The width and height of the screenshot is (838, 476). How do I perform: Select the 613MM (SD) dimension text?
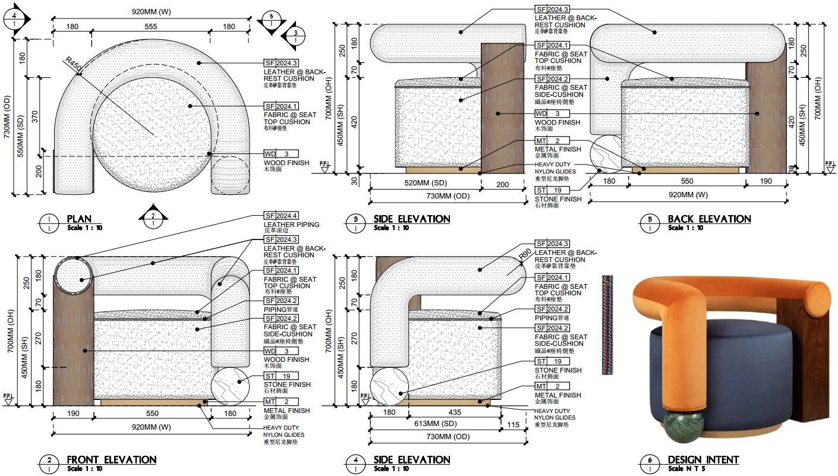coord(436,424)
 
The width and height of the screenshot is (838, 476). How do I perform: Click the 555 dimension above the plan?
coord(151,27)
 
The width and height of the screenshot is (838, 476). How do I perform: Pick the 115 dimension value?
coord(513,424)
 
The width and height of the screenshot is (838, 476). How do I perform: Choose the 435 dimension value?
coord(454,412)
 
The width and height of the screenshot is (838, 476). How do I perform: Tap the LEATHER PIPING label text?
coord(291,225)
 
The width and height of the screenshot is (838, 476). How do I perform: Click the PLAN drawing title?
coord(79,219)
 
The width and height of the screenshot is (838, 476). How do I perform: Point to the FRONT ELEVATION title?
coord(112,460)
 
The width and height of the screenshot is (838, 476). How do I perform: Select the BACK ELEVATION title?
coord(709,219)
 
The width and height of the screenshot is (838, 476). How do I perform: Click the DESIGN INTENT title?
coord(703,460)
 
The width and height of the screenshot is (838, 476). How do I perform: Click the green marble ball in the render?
coord(683,425)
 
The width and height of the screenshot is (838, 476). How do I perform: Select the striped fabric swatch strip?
coord(607,324)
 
